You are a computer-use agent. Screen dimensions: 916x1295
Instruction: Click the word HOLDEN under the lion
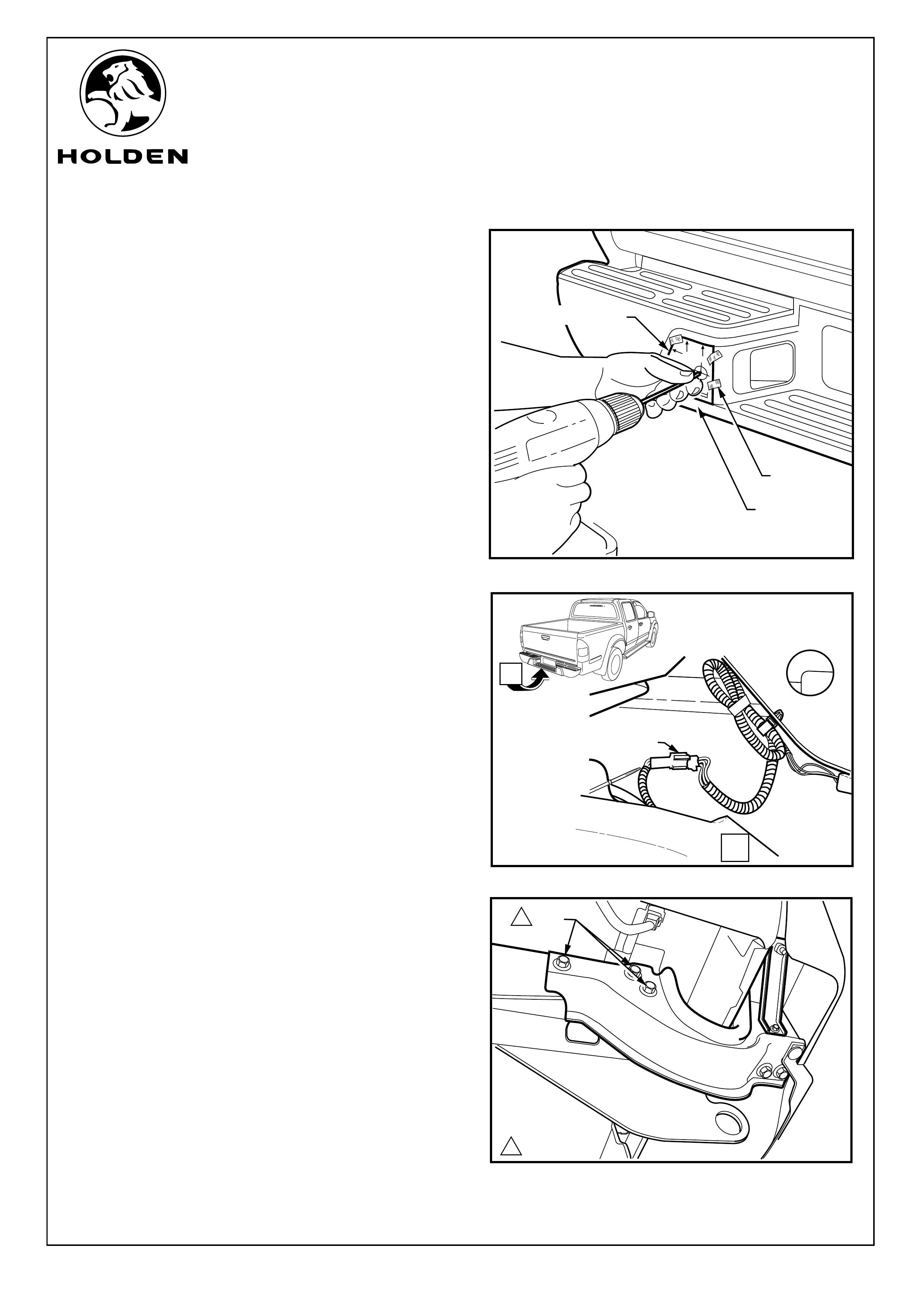(x=122, y=156)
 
